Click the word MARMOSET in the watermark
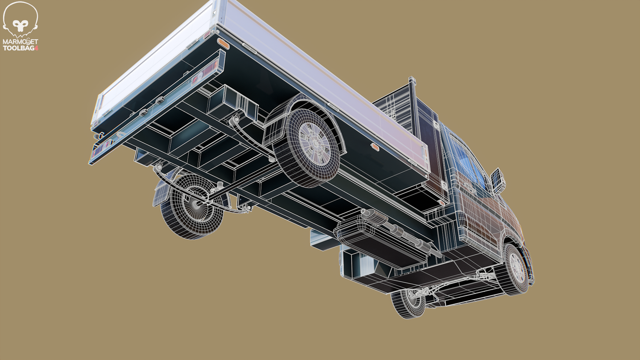click(x=20, y=42)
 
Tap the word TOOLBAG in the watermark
click(x=18, y=48)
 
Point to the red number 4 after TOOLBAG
click(x=36, y=48)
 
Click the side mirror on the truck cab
click(x=498, y=180)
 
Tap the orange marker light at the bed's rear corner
click(x=221, y=43)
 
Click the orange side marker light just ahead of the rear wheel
click(x=374, y=147)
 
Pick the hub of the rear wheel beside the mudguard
click(x=314, y=142)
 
